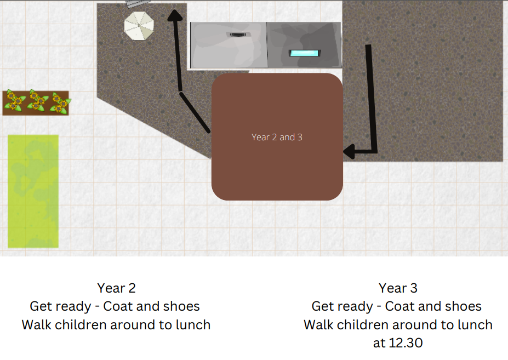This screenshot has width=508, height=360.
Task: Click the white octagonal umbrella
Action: click(x=139, y=26)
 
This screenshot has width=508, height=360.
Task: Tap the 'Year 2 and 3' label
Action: click(x=277, y=137)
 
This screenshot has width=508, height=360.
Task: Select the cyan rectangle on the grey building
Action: click(x=305, y=53)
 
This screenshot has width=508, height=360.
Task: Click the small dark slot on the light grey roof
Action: click(x=238, y=35)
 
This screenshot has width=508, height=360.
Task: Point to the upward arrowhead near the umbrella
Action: click(x=175, y=15)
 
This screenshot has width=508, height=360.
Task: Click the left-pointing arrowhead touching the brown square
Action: click(x=349, y=151)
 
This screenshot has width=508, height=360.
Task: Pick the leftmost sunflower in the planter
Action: click(x=14, y=101)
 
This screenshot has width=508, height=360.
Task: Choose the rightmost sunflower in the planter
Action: click(x=60, y=104)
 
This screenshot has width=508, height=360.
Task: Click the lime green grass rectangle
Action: click(x=33, y=191)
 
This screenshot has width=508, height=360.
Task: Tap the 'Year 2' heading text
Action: click(x=116, y=288)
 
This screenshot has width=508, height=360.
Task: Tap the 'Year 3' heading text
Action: click(x=398, y=288)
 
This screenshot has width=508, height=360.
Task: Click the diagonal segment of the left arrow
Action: click(x=195, y=112)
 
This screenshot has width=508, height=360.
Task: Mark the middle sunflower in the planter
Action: click(x=38, y=100)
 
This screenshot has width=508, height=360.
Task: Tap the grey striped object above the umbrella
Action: click(x=138, y=3)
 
